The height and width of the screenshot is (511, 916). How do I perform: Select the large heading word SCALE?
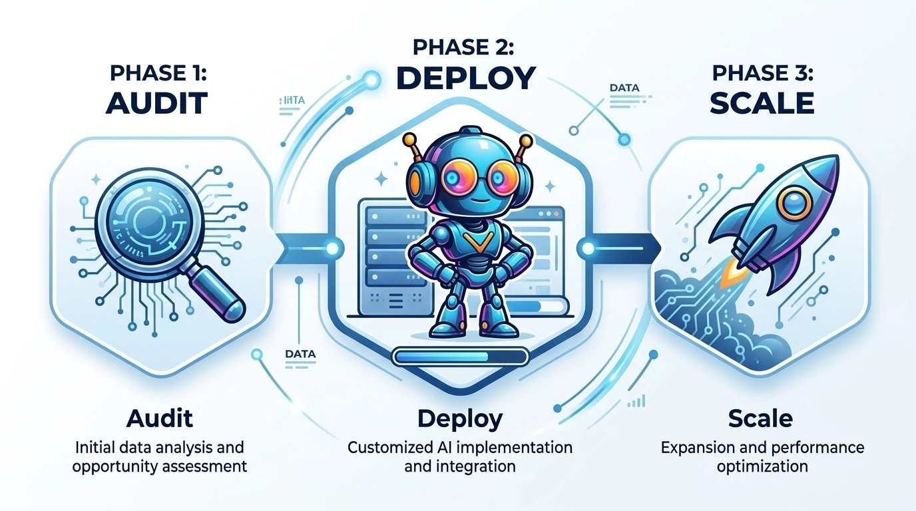point(762,103)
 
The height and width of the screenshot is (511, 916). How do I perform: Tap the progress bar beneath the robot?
point(459,357)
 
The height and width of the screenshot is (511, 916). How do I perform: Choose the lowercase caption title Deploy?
point(459,419)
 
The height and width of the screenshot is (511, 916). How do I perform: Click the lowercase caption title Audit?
point(159,419)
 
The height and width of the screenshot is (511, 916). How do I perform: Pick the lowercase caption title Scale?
point(760,419)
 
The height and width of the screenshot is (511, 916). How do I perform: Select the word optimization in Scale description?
point(762,466)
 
